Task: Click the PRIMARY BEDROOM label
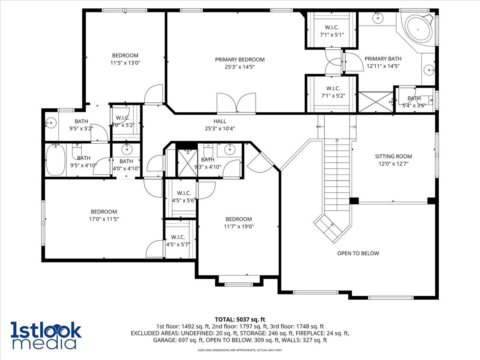pyautogui.click(x=240, y=60)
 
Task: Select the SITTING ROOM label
pyautogui.click(x=393, y=156)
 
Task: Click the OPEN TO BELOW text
pyautogui.click(x=358, y=253)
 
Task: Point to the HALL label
pyautogui.click(x=220, y=121)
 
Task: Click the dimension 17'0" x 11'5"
pyautogui.click(x=104, y=219)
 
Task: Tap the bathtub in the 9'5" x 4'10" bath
pyautogui.click(x=56, y=160)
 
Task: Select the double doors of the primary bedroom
pyautogui.click(x=236, y=103)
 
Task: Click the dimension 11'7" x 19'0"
pyautogui.click(x=238, y=226)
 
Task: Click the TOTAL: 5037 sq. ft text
pyautogui.click(x=240, y=319)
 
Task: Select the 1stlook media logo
pyautogui.click(x=46, y=335)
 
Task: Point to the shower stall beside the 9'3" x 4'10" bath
pyautogui.click(x=185, y=163)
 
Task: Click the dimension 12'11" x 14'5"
pyautogui.click(x=382, y=66)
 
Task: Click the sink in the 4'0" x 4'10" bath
pyautogui.click(x=126, y=150)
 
